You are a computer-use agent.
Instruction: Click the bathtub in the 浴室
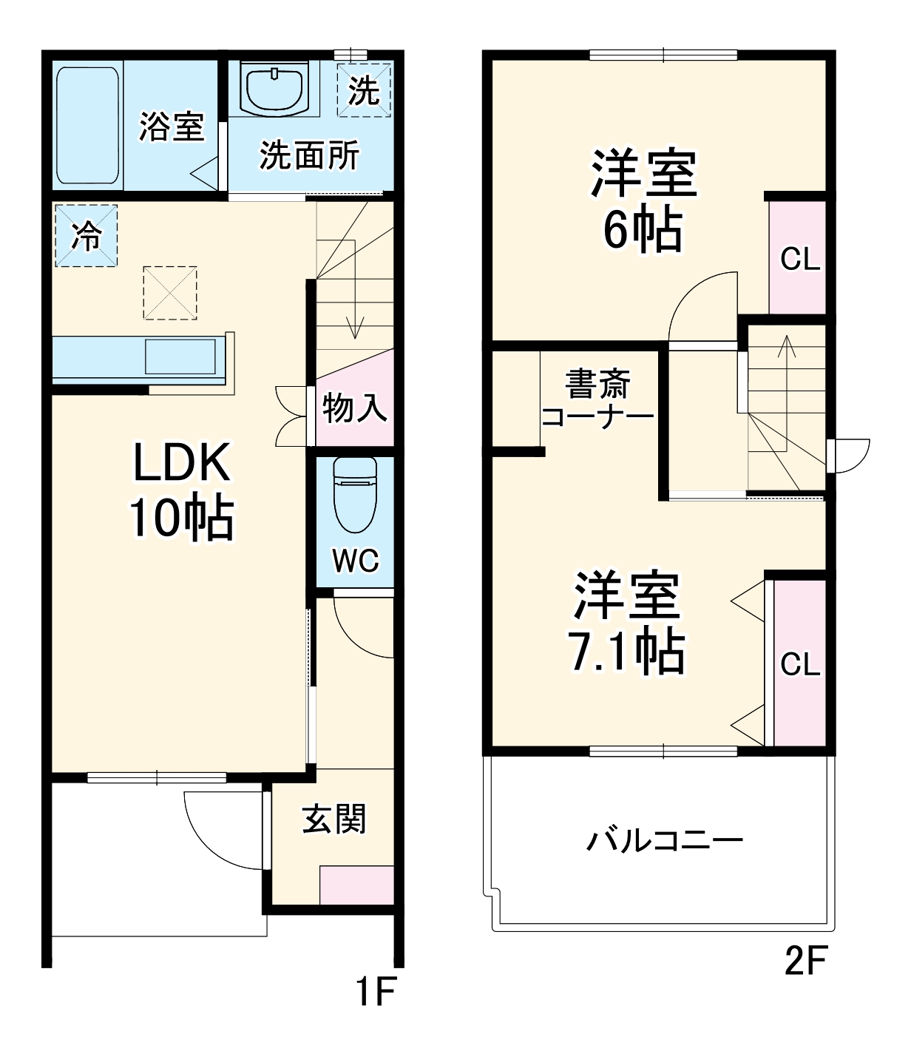coord(88,126)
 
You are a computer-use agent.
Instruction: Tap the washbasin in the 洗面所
coord(274,88)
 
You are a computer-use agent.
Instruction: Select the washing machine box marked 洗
coord(363,90)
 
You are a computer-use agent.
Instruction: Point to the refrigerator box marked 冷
coord(86,236)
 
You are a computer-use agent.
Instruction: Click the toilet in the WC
coord(355,494)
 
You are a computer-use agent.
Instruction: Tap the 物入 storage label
coord(354,408)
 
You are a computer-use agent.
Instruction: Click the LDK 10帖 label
coord(181,490)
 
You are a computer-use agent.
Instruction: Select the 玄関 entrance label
coord(334,819)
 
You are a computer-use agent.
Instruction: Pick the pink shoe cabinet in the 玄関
coord(356,885)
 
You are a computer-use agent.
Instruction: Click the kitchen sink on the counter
coord(180,357)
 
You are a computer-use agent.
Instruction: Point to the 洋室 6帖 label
coord(643,201)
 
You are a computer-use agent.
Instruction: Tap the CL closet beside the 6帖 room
coord(799,259)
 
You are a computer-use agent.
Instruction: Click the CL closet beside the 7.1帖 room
coord(800,663)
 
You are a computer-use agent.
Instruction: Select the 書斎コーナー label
coord(597,400)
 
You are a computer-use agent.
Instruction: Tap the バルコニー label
coord(665,841)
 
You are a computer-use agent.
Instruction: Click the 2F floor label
coord(805,961)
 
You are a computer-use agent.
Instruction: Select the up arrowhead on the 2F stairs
coord(786,343)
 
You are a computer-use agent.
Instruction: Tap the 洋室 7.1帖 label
coord(627,623)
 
